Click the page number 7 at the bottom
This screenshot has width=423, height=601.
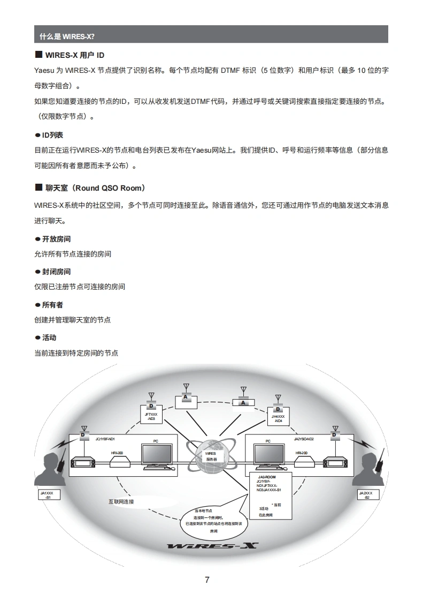207,580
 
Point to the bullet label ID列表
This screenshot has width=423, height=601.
52,135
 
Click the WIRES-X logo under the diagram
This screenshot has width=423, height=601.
212,546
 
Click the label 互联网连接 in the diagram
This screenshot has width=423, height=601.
121,502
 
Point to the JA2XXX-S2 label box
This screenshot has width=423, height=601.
366,495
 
